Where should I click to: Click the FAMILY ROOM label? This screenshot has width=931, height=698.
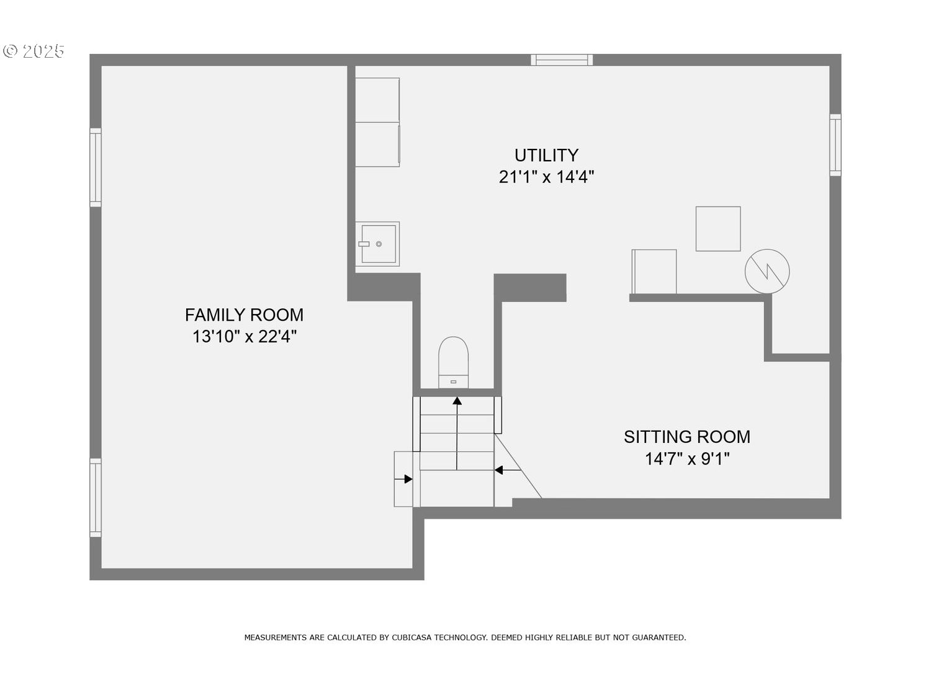point(244,315)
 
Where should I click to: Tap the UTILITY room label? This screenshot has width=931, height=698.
point(546,156)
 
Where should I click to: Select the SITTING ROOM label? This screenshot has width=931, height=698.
point(686,437)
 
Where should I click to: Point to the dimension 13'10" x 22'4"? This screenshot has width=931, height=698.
point(245,336)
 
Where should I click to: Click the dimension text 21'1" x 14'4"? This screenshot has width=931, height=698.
point(546,177)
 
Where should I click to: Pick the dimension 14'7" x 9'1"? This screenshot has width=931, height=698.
point(687,459)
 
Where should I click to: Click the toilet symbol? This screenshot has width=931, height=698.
point(453,362)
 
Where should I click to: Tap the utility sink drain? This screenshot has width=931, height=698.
point(379,244)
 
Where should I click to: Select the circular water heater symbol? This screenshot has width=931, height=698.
point(767,271)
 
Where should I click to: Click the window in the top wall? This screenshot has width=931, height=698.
point(562,60)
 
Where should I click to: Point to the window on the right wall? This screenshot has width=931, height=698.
point(835,145)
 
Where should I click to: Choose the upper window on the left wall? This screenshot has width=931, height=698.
point(96,168)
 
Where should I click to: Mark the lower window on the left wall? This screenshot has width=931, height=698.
point(96,498)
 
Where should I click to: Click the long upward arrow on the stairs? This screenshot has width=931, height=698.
point(457,433)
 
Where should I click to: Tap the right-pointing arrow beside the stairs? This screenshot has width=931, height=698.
point(403,479)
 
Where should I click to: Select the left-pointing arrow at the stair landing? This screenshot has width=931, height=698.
point(508,470)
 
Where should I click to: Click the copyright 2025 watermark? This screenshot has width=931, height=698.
point(34,51)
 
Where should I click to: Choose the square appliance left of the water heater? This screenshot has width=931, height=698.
point(717,229)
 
